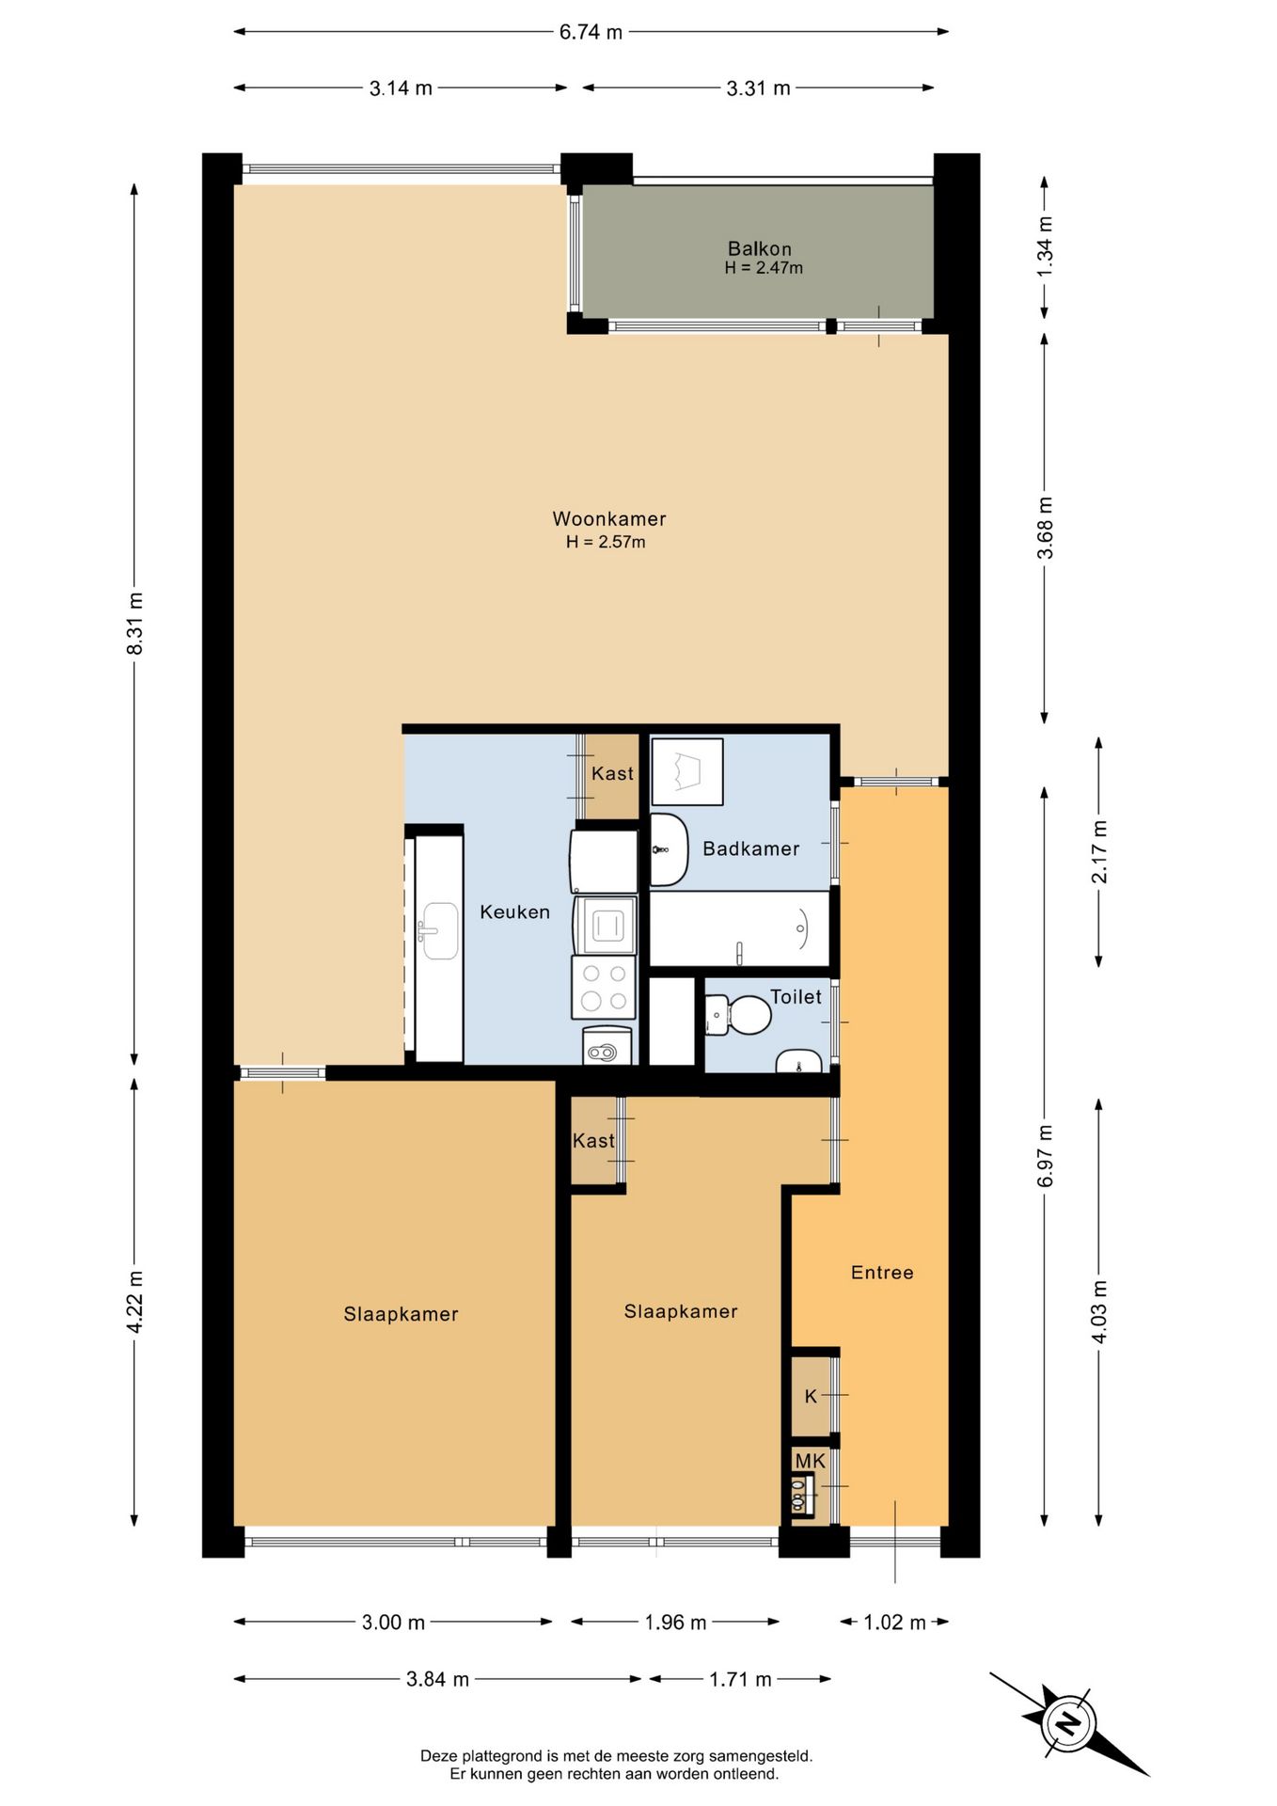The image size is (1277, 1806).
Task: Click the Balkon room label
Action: pos(759,249)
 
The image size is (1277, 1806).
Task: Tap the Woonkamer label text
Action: pos(608,518)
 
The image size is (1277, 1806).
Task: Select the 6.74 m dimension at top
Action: pos(591,32)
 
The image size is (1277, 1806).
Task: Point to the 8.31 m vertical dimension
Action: pos(135,624)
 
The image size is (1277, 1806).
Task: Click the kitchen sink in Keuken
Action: pos(440,931)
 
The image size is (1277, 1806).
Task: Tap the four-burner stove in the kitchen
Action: pos(604,987)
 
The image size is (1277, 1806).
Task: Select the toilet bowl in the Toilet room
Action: pos(748,1016)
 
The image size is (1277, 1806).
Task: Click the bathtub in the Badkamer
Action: pos(740,928)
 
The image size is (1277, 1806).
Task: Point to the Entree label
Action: pos(881,1273)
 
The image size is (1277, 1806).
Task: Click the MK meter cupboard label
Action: pos(810,1461)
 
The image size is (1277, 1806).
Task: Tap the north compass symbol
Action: pos(1068,1723)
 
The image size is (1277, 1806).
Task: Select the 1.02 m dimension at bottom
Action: pos(894,1623)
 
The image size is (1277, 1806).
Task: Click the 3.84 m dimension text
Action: pos(437,1679)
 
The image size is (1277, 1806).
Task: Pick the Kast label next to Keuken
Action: pos(612,773)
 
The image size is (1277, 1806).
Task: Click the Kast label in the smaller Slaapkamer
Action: pos(593,1141)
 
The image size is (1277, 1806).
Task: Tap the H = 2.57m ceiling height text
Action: pos(606,542)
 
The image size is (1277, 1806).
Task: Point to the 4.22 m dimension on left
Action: pos(135,1301)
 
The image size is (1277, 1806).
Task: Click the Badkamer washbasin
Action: pos(668,849)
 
